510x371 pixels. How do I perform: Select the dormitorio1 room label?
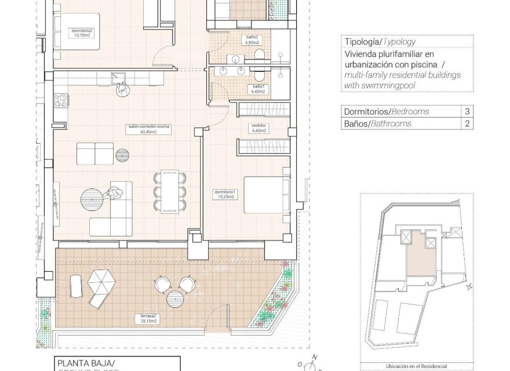[x=224, y=194]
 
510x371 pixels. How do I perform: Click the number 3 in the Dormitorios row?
[x=467, y=111]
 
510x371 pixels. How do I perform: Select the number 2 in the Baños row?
[x=467, y=123]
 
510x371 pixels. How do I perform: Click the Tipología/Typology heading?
[x=380, y=42]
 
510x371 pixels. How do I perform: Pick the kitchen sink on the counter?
[x=119, y=76]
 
